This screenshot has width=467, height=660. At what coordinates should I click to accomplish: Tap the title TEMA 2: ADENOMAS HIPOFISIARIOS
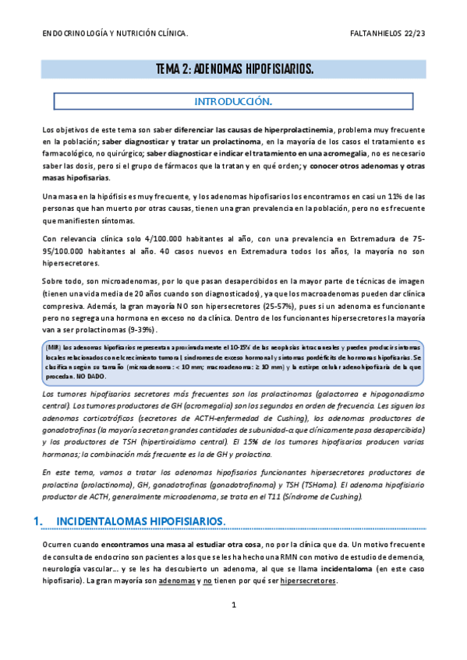pyautogui.click(x=235, y=69)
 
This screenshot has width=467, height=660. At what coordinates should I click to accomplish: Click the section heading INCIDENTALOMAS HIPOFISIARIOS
pyautogui.click(x=142, y=520)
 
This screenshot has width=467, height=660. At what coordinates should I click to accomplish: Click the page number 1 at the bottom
pyautogui.click(x=233, y=604)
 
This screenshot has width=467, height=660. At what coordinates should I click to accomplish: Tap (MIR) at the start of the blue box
pyautogui.click(x=56, y=347)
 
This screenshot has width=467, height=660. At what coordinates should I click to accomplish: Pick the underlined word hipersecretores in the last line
pyautogui.click(x=308, y=580)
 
